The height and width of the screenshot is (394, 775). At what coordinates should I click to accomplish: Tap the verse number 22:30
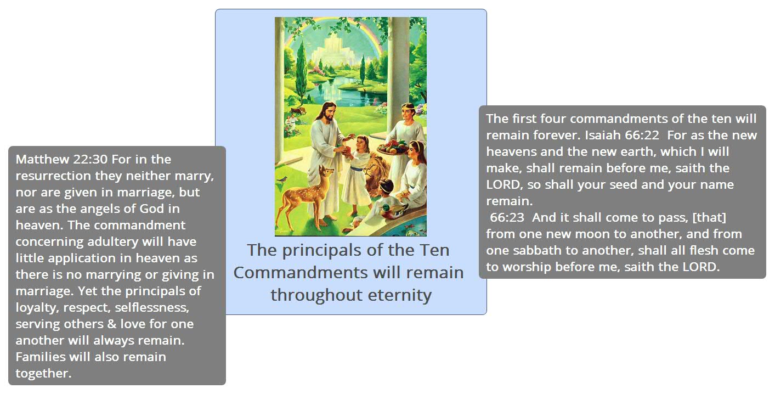(90, 159)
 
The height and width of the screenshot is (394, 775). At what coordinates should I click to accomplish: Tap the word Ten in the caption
(434, 250)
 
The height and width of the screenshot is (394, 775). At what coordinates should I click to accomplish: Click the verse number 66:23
(507, 217)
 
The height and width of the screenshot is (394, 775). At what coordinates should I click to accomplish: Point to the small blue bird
(283, 179)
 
